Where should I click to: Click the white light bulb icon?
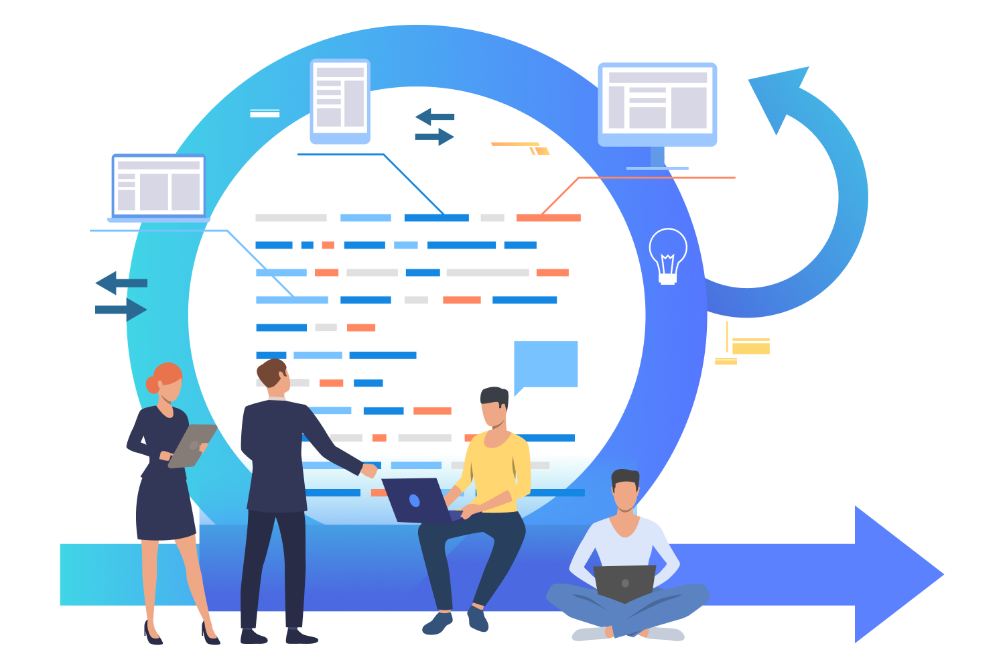pos(667,255)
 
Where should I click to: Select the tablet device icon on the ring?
pos(340,101)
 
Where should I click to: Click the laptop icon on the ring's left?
pos(159,187)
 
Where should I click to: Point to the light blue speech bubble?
pos(545,364)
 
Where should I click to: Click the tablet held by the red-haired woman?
pos(192,445)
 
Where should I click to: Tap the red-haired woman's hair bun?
pos(152,385)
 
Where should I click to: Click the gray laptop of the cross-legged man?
pos(624,582)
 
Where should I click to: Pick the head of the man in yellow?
pos(494,406)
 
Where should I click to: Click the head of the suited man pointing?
pos(274,378)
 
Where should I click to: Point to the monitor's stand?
pos(657,159)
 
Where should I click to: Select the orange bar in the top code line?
pos(548,218)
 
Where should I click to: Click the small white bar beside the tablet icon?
pos(265,113)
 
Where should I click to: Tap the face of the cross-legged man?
pos(626,494)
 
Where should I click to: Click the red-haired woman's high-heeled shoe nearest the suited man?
pos(210,634)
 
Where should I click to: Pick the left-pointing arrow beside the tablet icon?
pos(433,117)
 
